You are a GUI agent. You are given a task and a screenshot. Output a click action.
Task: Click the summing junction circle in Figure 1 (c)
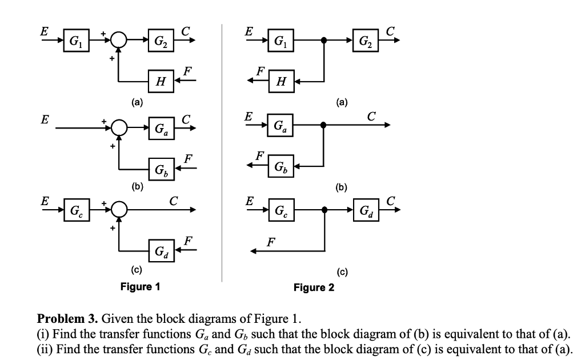[118, 210]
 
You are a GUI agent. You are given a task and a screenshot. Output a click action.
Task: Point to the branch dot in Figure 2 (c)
[324, 210]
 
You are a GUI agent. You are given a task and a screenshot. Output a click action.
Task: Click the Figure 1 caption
[140, 286]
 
